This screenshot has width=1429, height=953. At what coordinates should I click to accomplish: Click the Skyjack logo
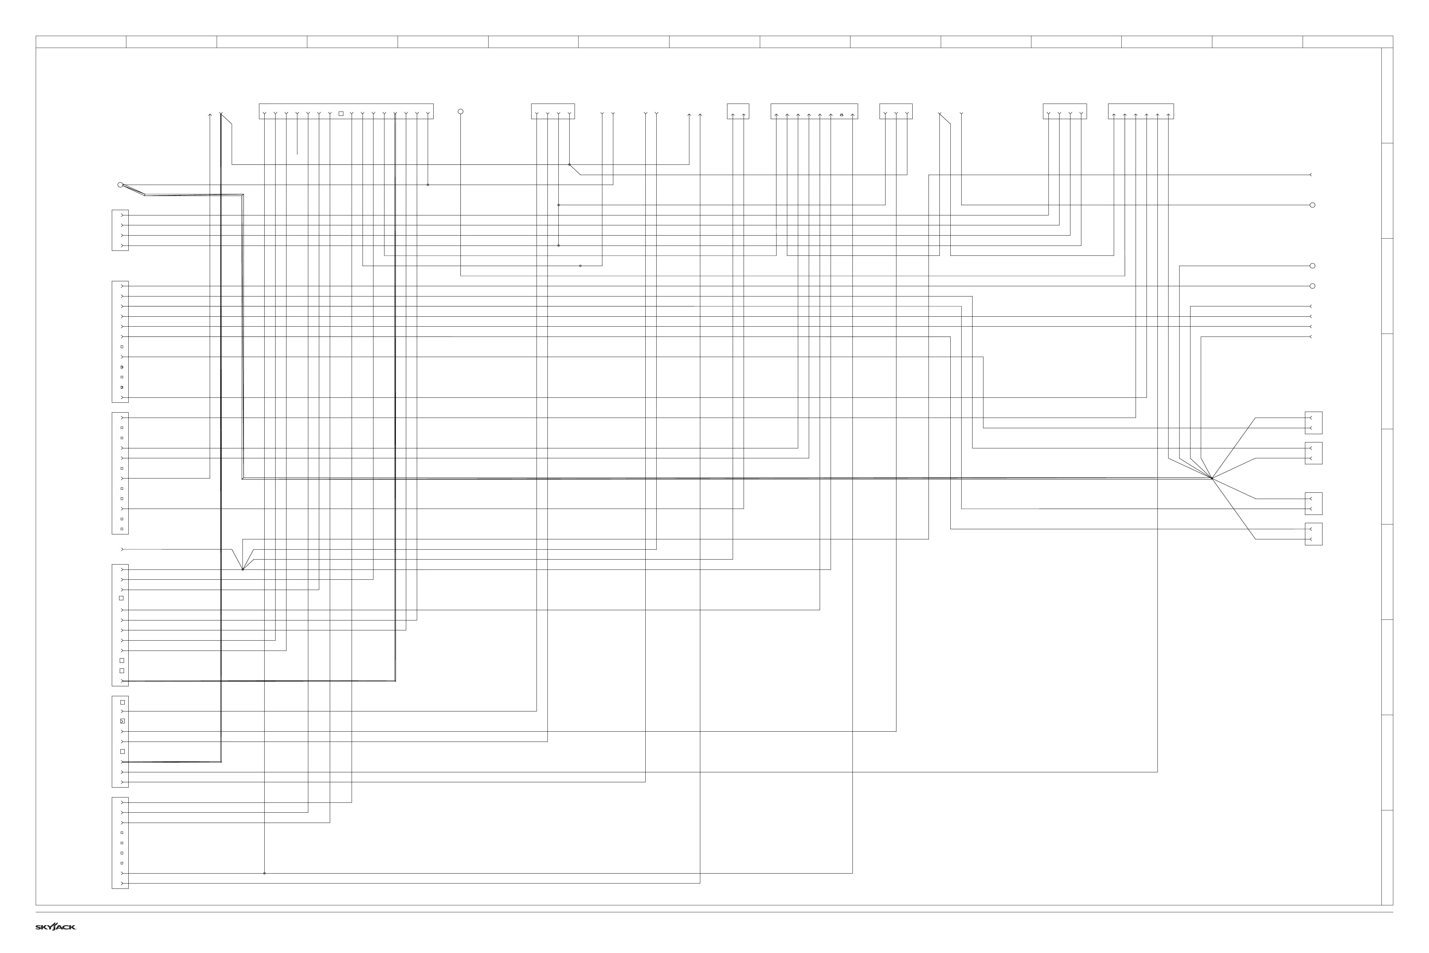pyautogui.click(x=55, y=927)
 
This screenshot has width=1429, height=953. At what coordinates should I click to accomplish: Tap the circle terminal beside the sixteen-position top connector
pyautogui.click(x=460, y=112)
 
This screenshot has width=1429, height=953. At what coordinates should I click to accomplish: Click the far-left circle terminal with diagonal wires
pyautogui.click(x=120, y=185)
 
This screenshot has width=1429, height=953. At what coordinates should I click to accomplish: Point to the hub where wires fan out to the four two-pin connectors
pyautogui.click(x=1211, y=478)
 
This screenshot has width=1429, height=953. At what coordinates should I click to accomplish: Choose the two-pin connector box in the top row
pyautogui.click(x=738, y=111)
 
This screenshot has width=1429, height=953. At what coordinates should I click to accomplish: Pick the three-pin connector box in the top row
pyautogui.click(x=896, y=111)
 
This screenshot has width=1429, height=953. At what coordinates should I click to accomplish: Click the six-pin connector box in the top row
pyautogui.click(x=1141, y=111)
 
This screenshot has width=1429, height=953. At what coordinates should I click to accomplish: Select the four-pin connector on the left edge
pyautogui.click(x=120, y=230)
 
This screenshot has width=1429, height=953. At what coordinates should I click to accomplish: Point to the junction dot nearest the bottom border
pyautogui.click(x=264, y=873)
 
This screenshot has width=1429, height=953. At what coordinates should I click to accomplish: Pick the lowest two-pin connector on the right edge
pyautogui.click(x=1314, y=534)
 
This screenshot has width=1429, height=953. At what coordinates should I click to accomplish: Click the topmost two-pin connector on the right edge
pyautogui.click(x=1314, y=423)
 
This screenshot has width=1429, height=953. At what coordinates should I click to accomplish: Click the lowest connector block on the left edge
pyautogui.click(x=120, y=843)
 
